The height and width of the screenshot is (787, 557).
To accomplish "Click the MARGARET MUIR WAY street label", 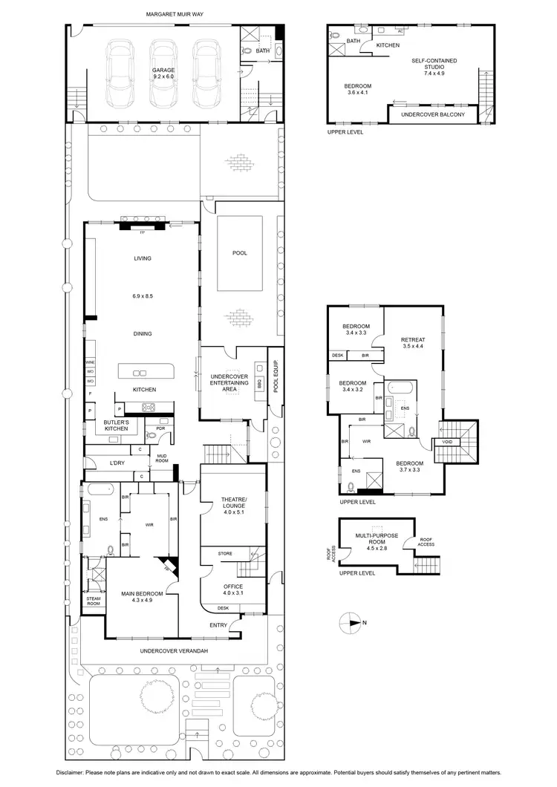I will [175, 13].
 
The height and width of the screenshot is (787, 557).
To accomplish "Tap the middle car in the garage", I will [163, 74].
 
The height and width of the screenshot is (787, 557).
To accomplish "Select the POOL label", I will [239, 253].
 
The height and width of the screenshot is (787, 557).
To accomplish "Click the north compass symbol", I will [351, 622].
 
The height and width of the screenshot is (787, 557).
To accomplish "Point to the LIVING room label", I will [143, 258].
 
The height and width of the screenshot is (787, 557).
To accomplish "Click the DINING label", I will [143, 334].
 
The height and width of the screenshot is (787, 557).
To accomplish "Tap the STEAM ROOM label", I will [94, 601].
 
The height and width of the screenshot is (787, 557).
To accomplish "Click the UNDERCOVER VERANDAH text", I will [173, 651].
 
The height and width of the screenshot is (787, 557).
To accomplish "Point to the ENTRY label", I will [219, 625].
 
